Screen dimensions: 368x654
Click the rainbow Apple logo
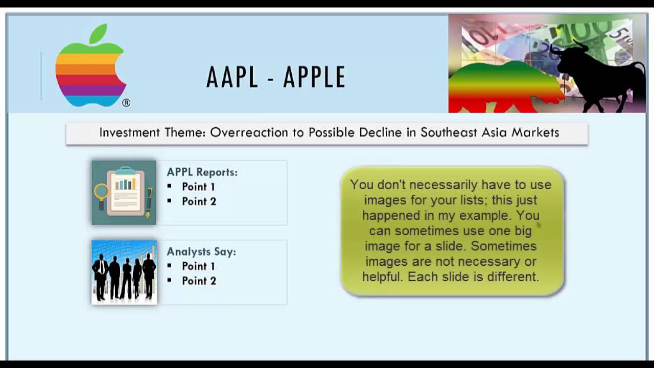[90, 72]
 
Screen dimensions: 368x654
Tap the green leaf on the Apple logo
[98, 33]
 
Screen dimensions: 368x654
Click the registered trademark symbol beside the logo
[126, 103]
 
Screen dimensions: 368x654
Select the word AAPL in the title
[233, 78]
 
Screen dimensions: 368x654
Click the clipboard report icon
[124, 193]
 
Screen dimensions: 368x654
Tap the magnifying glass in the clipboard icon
[101, 192]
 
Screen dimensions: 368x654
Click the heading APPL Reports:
[202, 172]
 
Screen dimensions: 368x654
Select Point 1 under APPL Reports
[198, 187]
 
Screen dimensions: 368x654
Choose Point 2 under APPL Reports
[199, 201]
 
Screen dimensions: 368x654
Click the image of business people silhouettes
[124, 272]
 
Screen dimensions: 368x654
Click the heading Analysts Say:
[201, 251]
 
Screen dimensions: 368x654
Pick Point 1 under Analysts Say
[198, 266]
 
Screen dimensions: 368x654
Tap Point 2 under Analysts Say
[199, 281]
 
